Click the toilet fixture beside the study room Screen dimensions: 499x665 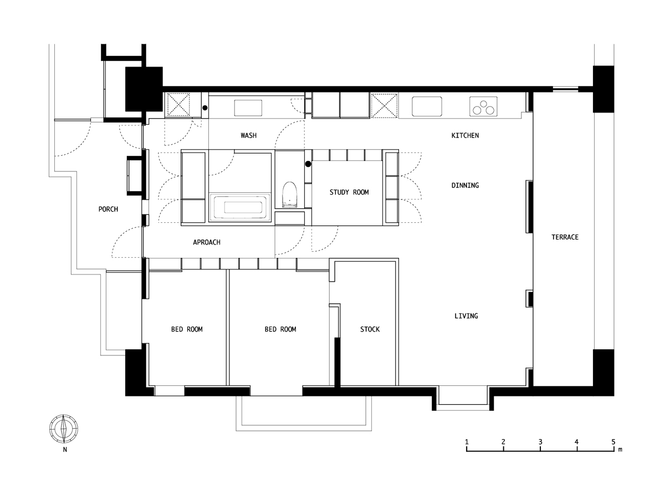click(x=289, y=195)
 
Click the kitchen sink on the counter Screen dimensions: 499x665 click(x=427, y=106)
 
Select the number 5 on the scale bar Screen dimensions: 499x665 click(x=613, y=442)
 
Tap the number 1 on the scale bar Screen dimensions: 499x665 click(x=467, y=442)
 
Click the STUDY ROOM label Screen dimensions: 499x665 click(x=349, y=192)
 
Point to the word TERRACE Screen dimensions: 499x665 click(x=565, y=237)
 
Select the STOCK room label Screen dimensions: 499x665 click(x=370, y=329)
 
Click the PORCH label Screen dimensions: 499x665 click(x=108, y=209)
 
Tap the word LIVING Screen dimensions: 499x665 click(x=466, y=316)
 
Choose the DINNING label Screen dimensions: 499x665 click(x=465, y=185)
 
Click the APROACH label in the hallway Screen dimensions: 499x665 click(x=207, y=242)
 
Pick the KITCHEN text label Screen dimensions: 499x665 click(x=465, y=135)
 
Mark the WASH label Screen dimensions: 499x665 click(x=248, y=136)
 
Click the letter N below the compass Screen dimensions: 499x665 click(x=65, y=450)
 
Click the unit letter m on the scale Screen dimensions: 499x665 click(x=620, y=450)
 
